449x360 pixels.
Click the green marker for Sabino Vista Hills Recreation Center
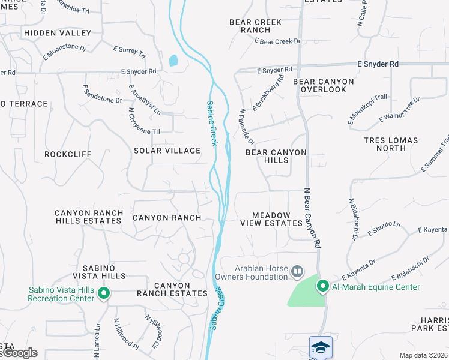104,293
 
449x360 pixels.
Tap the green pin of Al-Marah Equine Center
322,286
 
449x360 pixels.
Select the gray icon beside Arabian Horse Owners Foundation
297,272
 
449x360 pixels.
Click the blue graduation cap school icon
321,347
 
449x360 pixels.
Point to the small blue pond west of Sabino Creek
173,60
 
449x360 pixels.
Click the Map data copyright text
423,355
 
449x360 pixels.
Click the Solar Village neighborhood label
167,151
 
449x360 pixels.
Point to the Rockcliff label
68,154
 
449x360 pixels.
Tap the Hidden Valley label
57,33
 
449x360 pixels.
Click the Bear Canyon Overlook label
319,85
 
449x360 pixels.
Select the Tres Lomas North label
393,144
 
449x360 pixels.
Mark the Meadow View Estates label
271,219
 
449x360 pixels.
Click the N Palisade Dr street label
247,127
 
